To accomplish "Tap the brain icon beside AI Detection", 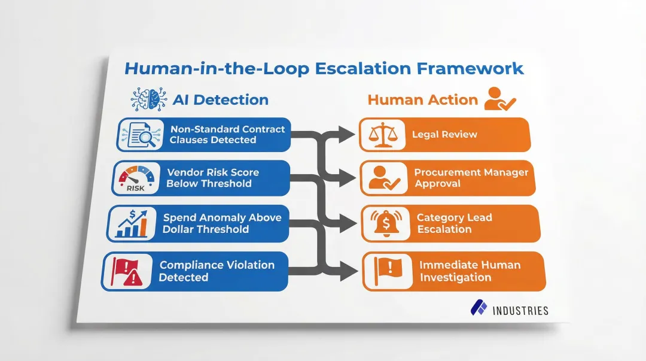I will pyautogui.click(x=148, y=99).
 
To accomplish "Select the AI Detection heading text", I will pyautogui.click(x=220, y=99).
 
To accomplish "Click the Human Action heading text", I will pyautogui.click(x=422, y=100).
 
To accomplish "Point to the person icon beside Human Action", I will pyautogui.click(x=499, y=99).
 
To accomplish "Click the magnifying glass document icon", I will pyautogui.click(x=139, y=134).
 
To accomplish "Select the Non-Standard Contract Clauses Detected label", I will pyautogui.click(x=227, y=135).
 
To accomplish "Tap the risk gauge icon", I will pyautogui.click(x=135, y=178).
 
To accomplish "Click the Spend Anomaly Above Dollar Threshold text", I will pyautogui.click(x=221, y=223).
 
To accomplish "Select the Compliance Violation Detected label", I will pyautogui.click(x=217, y=271).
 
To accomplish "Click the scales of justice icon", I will pyautogui.click(x=382, y=135).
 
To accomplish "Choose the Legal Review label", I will pyautogui.click(x=444, y=134).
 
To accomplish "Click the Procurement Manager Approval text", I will pyautogui.click(x=471, y=178).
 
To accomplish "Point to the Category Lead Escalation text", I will pyautogui.click(x=454, y=223).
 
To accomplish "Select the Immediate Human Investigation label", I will pyautogui.click(x=470, y=271).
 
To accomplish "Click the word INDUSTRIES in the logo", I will pyautogui.click(x=520, y=310).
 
